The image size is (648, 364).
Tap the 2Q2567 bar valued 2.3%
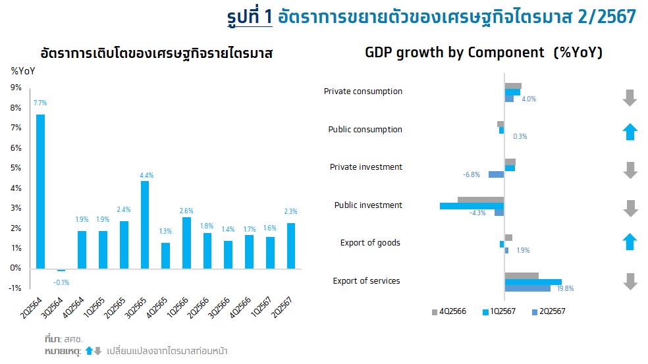(x=291, y=246)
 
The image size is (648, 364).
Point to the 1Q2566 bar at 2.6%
(x=186, y=242)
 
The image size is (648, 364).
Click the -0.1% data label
(x=61, y=282)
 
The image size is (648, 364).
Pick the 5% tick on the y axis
(x=16, y=168)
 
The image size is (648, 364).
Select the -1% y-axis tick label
(x=16, y=288)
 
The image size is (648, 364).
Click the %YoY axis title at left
(x=22, y=70)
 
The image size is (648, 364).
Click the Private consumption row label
(x=363, y=91)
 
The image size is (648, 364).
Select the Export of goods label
(x=369, y=243)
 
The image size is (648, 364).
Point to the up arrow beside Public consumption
(x=630, y=132)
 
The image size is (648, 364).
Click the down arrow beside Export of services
(x=630, y=282)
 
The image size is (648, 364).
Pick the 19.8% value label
(x=565, y=288)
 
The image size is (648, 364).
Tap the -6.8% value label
(x=472, y=174)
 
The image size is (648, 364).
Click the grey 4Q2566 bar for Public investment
(x=480, y=199)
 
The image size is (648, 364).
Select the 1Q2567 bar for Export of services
(x=533, y=282)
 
